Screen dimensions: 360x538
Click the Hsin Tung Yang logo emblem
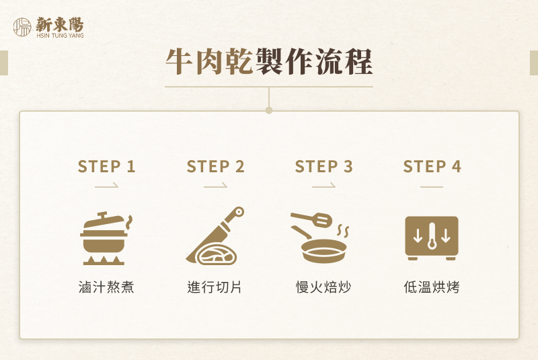22,27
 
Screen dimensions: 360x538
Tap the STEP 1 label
106,167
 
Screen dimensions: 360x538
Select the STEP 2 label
215,167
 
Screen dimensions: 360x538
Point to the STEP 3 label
323,167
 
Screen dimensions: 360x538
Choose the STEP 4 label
432,167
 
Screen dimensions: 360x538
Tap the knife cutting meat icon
215,237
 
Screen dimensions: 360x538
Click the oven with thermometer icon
432,238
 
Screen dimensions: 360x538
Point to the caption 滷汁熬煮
106,287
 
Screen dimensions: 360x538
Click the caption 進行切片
215,287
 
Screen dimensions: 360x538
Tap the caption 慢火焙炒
323,287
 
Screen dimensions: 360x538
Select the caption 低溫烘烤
432,287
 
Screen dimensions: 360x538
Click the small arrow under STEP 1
106,185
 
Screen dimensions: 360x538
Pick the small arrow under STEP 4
432,185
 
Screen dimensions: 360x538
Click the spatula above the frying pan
312,219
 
